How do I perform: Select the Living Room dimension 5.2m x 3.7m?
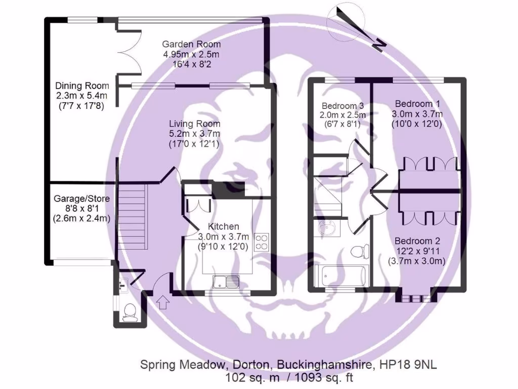(195, 134)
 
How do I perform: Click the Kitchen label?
(223, 226)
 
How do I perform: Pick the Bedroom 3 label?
(343, 106)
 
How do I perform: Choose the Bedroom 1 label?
(418, 103)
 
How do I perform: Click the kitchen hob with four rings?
(262, 242)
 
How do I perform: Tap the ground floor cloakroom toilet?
(129, 312)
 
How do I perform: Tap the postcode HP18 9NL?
(415, 365)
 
